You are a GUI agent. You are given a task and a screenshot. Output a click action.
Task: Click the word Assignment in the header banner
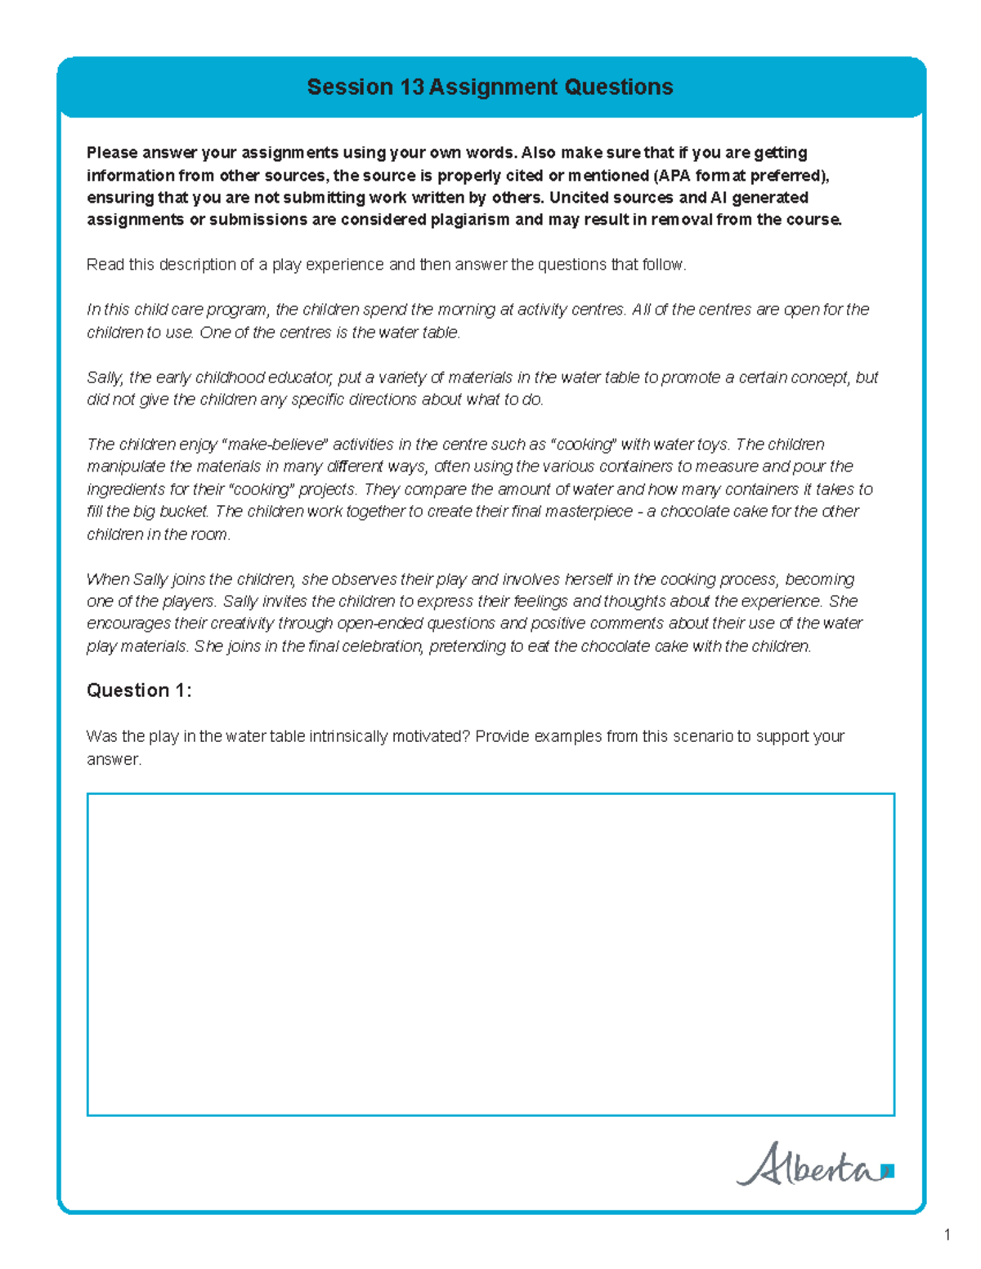click(487, 87)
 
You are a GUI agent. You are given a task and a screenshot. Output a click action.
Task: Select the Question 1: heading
click(139, 690)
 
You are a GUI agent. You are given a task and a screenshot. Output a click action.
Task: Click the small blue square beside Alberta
click(889, 1171)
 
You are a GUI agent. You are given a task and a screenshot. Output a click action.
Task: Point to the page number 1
click(947, 1235)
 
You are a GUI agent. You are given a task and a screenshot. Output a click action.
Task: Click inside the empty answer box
click(490, 954)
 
